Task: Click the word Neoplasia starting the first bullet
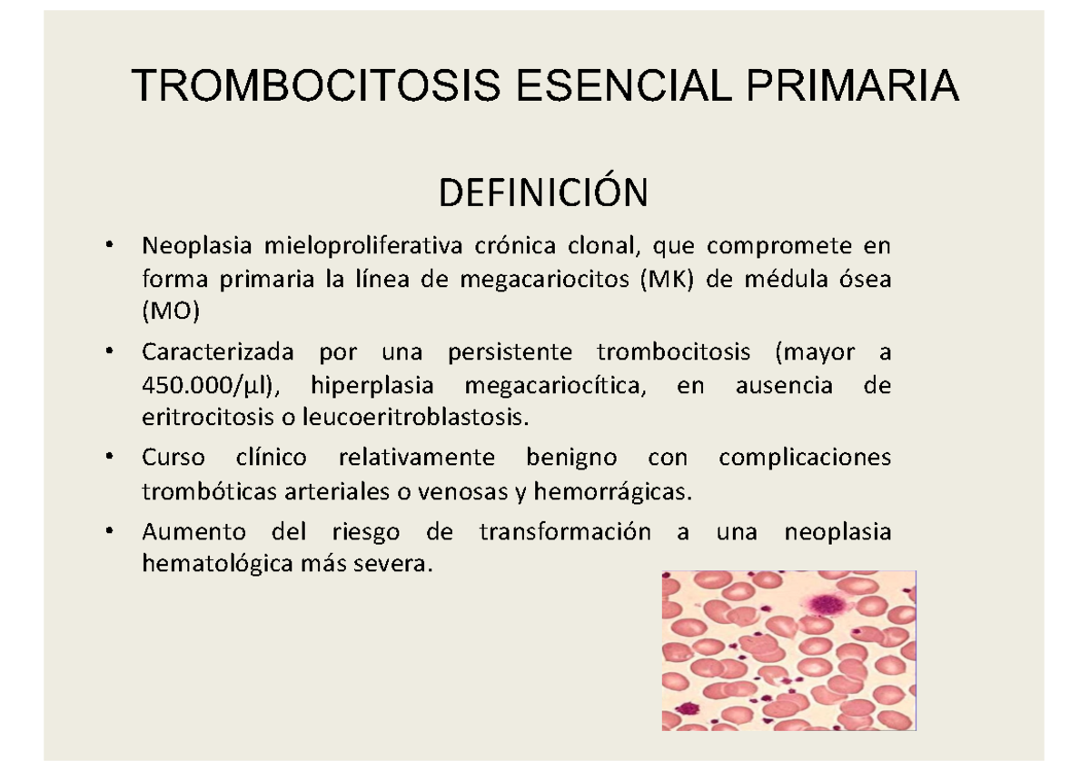[x=196, y=245]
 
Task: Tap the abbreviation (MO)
[x=169, y=313]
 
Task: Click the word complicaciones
[x=805, y=457]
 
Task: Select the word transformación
[x=565, y=531]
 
